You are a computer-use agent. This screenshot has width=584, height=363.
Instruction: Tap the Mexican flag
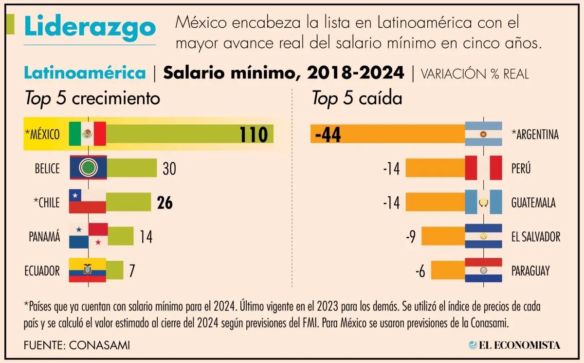coord(88,134)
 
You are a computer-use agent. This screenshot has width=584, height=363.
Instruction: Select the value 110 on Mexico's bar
coord(253,135)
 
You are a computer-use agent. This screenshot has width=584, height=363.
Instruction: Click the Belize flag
coord(88,168)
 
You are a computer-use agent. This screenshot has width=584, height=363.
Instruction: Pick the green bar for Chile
coord(128,202)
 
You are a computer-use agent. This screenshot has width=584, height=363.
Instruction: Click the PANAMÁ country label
coord(44,237)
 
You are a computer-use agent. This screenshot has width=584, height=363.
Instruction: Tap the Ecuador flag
coord(88,270)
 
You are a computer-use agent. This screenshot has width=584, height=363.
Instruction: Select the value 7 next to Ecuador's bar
coord(131,271)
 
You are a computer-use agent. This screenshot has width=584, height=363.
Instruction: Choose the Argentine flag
coord(483,134)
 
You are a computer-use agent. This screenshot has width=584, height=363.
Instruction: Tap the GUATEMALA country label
coord(533,203)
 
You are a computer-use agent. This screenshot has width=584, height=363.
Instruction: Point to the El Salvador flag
coord(483,236)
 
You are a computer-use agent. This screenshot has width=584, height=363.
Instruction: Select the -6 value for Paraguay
coord(420,271)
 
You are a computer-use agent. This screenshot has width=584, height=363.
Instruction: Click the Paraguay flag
coord(483,270)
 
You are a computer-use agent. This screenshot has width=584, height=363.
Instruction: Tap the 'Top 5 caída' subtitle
coord(357,99)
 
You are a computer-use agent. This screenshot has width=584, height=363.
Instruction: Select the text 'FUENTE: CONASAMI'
coord(77,345)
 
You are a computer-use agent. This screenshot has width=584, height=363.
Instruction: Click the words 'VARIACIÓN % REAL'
coord(474,74)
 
